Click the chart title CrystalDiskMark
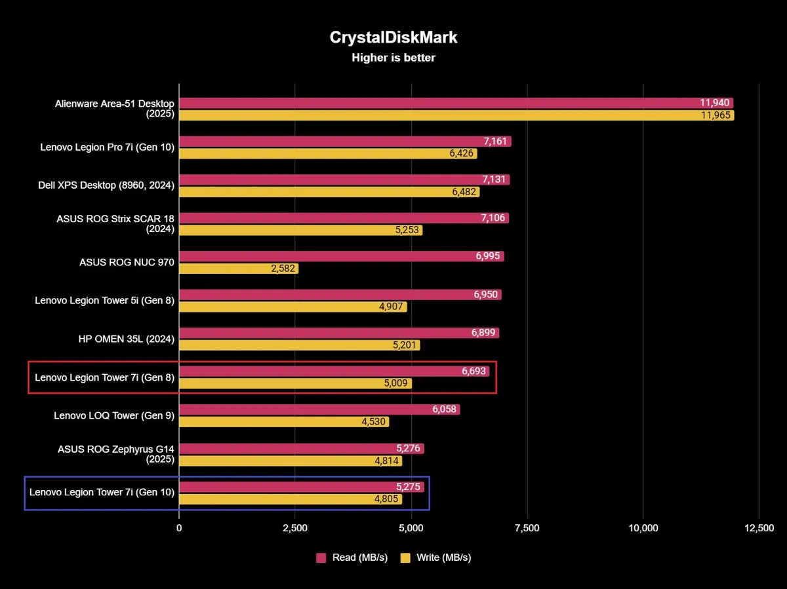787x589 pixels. [393, 37]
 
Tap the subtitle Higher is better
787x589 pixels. [393, 58]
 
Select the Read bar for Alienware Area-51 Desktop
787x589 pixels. [456, 103]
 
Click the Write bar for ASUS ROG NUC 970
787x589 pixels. [239, 269]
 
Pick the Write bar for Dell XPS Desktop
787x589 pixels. [329, 192]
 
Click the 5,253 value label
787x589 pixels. [406, 231]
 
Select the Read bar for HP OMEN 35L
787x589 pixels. [339, 333]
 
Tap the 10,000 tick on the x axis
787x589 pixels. [643, 529]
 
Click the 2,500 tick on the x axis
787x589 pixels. [295, 529]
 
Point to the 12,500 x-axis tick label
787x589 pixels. [759, 529]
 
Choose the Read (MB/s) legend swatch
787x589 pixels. [321, 558]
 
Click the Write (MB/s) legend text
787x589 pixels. [443, 558]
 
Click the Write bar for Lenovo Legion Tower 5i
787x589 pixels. [293, 307]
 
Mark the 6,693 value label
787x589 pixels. [474, 371]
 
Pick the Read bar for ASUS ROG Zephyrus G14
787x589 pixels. [302, 449]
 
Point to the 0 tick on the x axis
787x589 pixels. [179, 529]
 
